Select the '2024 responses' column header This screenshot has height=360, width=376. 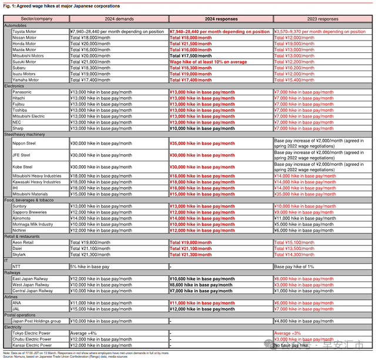point(220,19)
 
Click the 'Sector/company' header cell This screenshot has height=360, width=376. point(36,19)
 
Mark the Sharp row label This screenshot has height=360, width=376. point(19,128)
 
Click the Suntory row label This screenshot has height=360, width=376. point(21,206)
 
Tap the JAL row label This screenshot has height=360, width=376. point(16,309)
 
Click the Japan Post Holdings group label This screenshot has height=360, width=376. point(36,321)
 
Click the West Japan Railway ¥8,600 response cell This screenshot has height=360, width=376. point(201,285)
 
